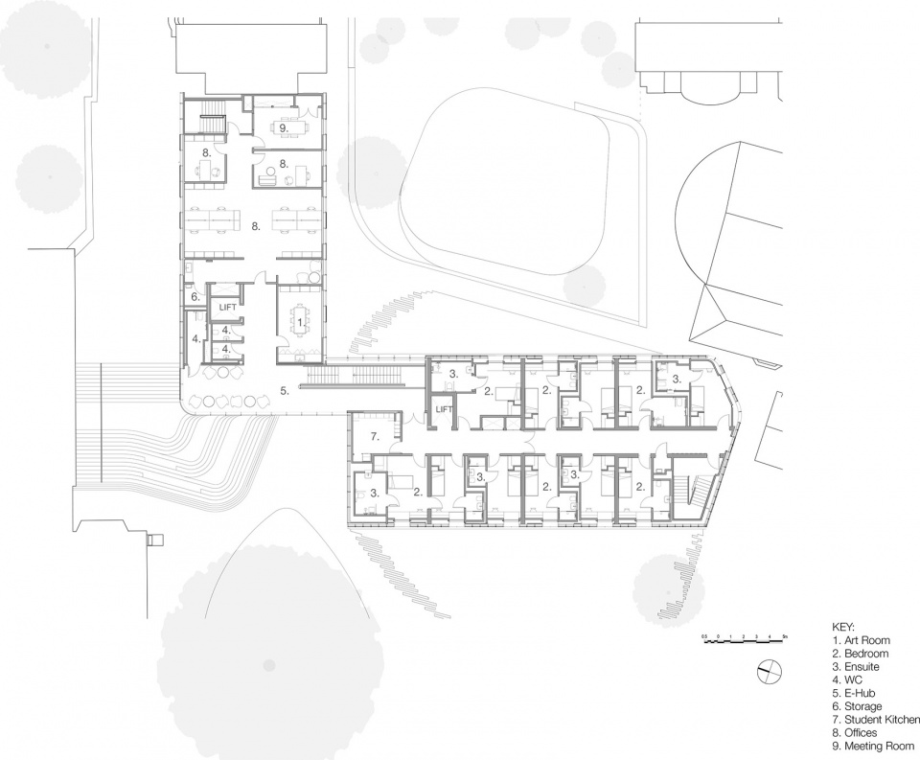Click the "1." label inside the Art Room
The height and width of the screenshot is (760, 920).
click(300, 324)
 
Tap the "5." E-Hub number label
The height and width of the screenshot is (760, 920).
click(285, 391)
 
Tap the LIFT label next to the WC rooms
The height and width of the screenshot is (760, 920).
click(228, 308)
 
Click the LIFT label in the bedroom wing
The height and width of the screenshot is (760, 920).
click(443, 409)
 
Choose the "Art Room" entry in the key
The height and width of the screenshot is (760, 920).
click(866, 639)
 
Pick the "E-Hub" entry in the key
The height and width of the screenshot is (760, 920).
click(862, 692)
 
